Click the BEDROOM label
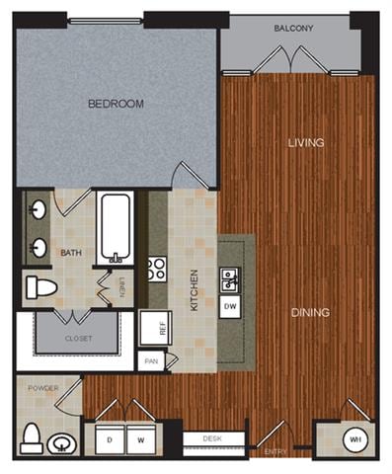point(117,103)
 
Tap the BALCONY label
point(293,29)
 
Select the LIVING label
point(306,143)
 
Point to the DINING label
point(310,312)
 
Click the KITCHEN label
point(195,289)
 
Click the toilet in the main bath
point(42,287)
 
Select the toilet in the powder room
point(32,436)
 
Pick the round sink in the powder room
point(64,440)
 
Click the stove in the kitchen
point(157,269)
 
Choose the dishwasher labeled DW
point(230,307)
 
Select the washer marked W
point(140,437)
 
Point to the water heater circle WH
point(353,438)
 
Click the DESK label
point(211,437)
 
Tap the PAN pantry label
point(151,361)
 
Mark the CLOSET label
point(78,338)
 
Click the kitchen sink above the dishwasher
point(228,281)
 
